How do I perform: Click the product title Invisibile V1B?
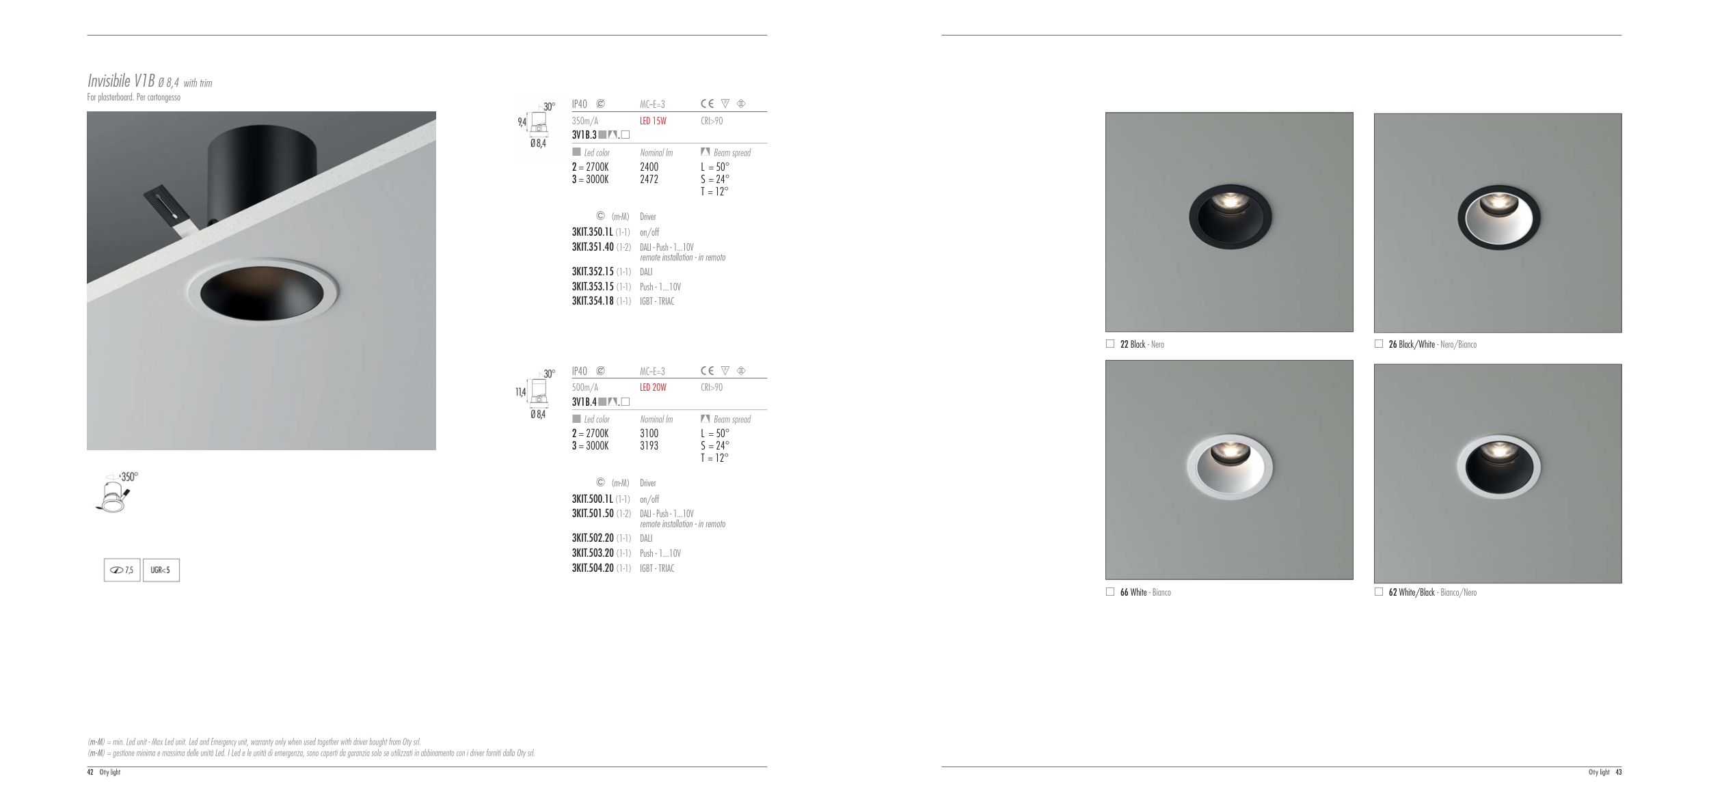[x=121, y=81]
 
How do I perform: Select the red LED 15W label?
[x=653, y=121]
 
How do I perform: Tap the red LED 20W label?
[x=653, y=387]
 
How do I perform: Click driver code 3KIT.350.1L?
[x=593, y=232]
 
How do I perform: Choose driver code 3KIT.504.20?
[x=593, y=568]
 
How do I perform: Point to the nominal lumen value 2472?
[x=649, y=179]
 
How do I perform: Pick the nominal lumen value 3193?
[x=649, y=445]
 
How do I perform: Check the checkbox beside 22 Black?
[x=1110, y=344]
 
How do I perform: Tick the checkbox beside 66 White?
[x=1110, y=592]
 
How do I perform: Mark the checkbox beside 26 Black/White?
[x=1379, y=344]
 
